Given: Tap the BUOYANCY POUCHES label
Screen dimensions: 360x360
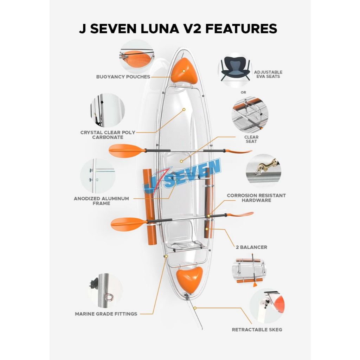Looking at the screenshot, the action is point(123,77).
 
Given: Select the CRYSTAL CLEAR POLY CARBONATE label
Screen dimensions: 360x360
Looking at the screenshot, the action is point(108,135).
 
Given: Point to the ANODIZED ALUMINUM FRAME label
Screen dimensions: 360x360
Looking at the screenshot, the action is point(101,201).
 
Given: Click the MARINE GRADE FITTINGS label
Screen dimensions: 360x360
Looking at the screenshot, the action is point(106,314).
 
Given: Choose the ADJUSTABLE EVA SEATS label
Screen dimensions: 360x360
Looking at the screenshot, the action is point(268,75).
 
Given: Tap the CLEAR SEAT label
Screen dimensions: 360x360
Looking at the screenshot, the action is point(251,139).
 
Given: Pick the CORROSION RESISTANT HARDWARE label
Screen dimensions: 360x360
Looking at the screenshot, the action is point(256,198).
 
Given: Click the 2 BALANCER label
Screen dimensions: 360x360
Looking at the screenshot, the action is point(251,247).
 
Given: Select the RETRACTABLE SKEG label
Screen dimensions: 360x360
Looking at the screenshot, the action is point(257,330).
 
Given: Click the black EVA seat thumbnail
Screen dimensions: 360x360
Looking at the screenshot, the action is point(235,69).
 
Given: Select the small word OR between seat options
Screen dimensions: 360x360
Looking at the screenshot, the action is point(243,92).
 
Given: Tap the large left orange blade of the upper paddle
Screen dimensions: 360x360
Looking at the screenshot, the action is point(127,150).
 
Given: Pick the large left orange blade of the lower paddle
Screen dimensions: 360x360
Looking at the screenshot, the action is point(129,224).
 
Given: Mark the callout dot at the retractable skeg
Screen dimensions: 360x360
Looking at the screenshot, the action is point(195,308).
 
